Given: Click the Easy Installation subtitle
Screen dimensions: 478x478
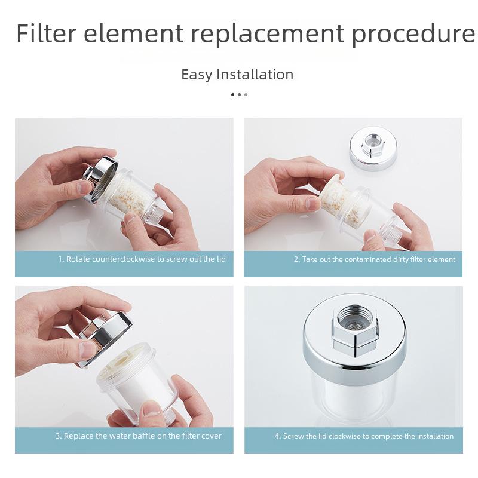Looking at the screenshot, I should [237, 75].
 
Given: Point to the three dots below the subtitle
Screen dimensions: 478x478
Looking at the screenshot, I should [238, 94].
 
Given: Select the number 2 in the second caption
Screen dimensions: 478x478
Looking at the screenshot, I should [296, 259].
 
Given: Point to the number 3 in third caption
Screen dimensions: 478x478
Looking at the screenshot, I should [58, 436].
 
